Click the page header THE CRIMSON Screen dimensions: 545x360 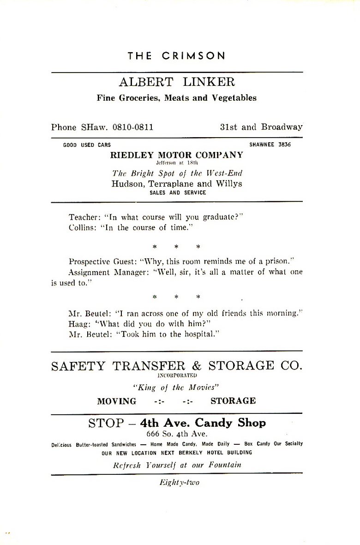pyautogui.click(x=177, y=56)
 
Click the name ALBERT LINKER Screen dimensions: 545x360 pyautogui.click(x=177, y=82)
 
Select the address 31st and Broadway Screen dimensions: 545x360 pyautogui.click(x=261, y=127)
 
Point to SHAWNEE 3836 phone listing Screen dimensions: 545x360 pyautogui.click(x=270, y=145)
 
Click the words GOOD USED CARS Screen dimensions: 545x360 pyautogui.click(x=87, y=145)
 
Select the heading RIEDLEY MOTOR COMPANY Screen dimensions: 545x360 pyautogui.click(x=176, y=155)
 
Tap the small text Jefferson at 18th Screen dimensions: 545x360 pyautogui.click(x=177, y=163)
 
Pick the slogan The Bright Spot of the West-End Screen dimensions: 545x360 pyautogui.click(x=177, y=174)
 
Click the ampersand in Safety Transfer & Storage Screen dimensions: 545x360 pyautogui.click(x=197, y=366)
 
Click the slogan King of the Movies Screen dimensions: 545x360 pyautogui.click(x=177, y=388)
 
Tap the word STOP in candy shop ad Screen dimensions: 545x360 pyautogui.click(x=106, y=423)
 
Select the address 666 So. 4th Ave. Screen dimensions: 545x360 pyautogui.click(x=177, y=434)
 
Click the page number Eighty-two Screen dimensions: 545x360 pyautogui.click(x=177, y=483)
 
